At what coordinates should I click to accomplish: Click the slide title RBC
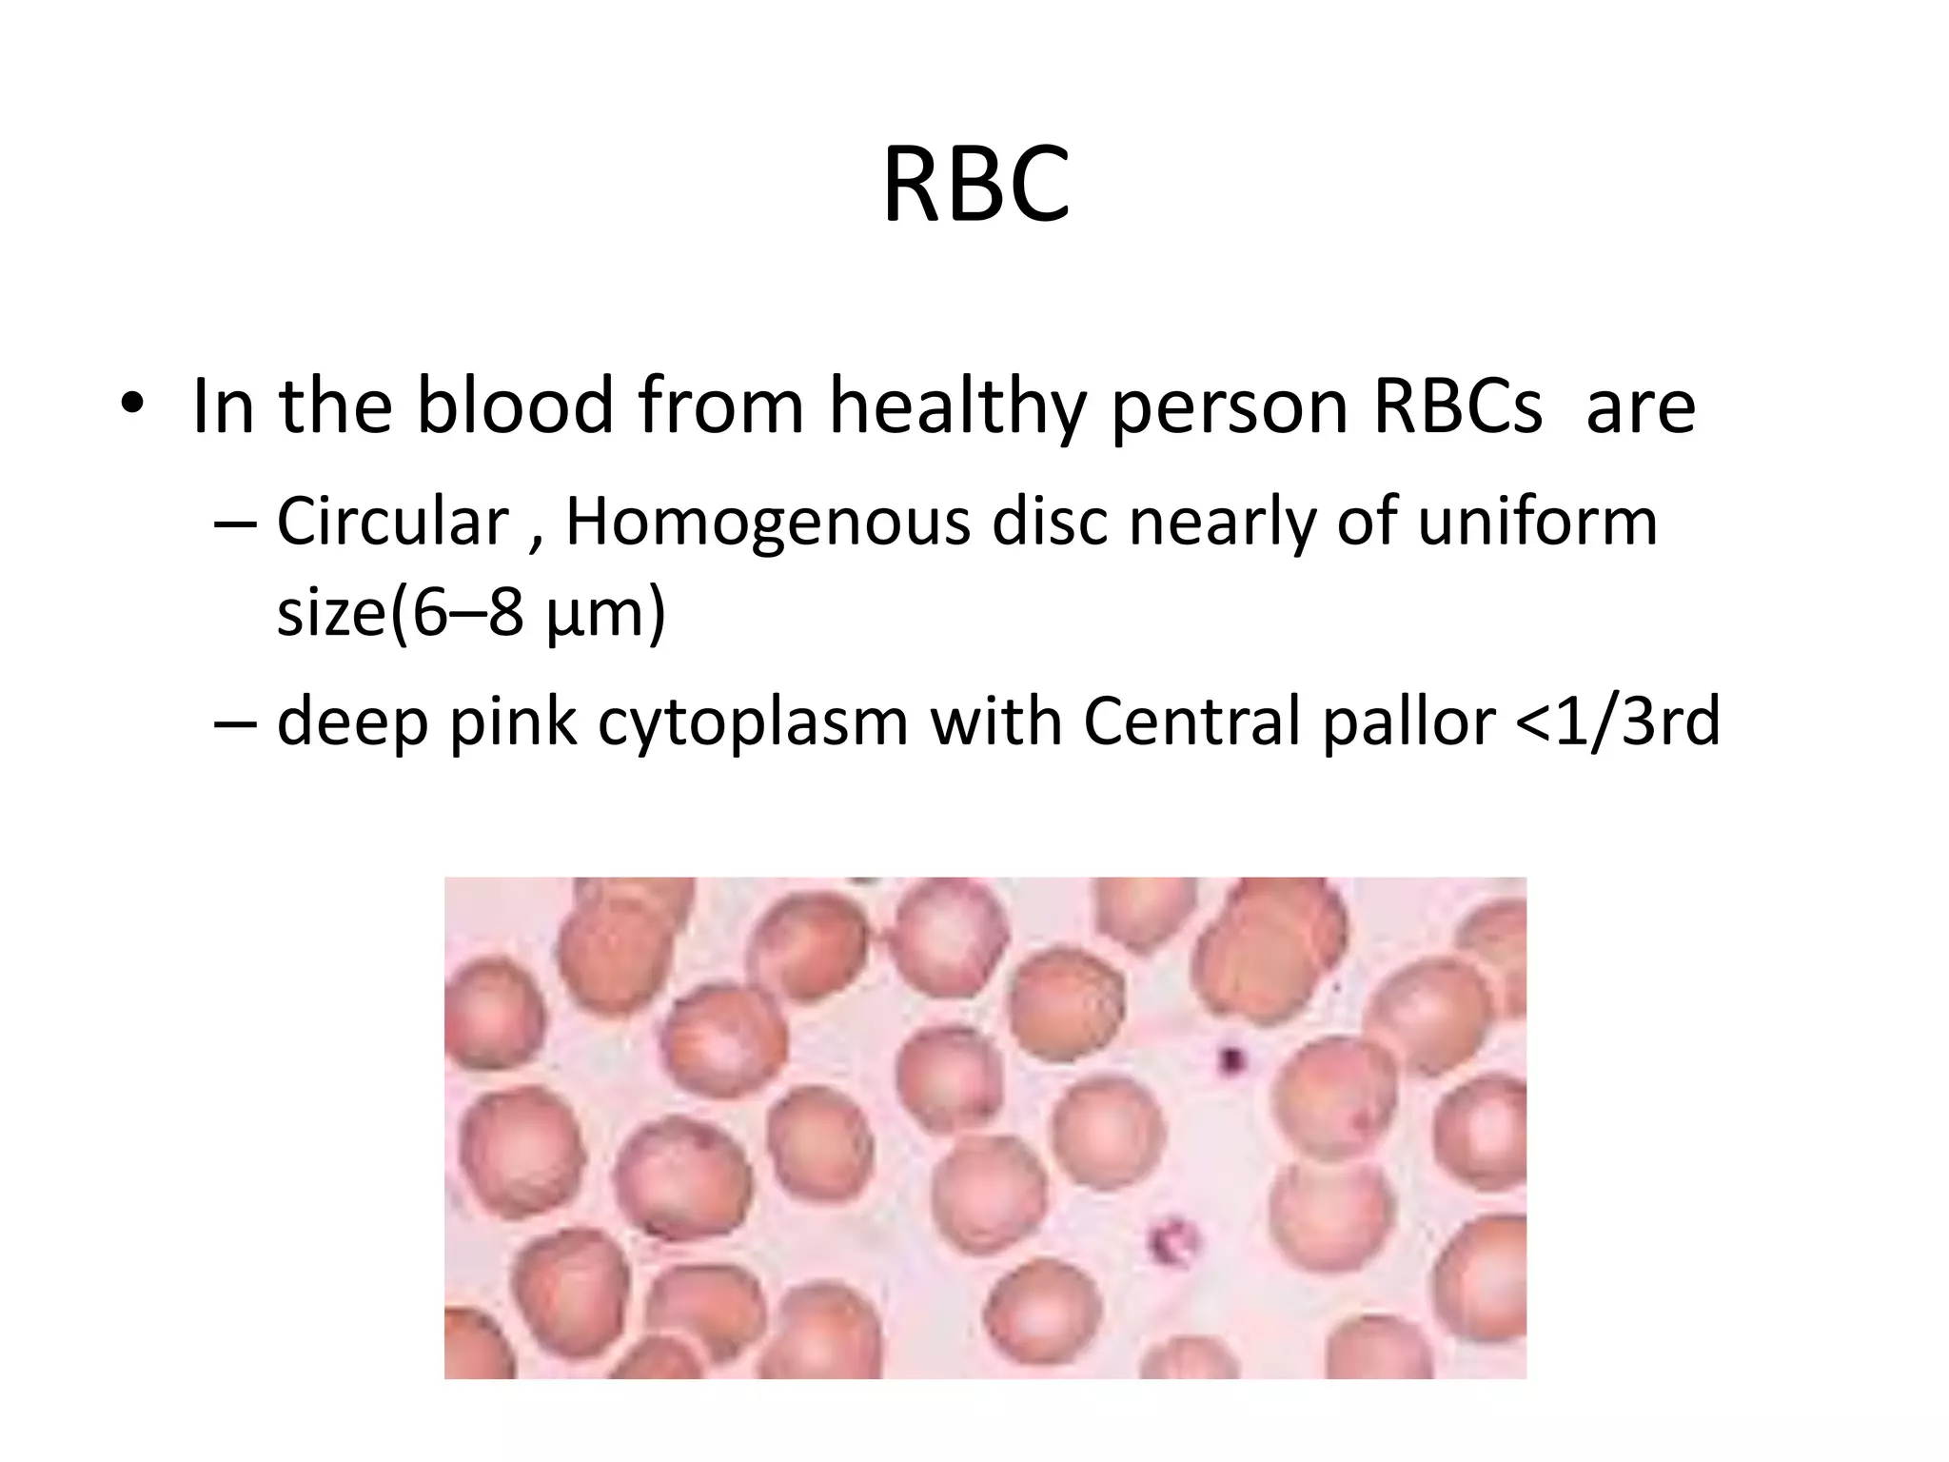click(976, 185)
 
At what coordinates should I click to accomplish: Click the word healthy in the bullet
click(956, 407)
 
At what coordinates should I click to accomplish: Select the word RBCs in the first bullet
click(1457, 406)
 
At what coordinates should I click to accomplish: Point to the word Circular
click(392, 522)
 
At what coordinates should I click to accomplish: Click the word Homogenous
click(767, 524)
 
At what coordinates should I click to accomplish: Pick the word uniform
click(1537, 522)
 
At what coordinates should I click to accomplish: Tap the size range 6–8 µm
click(526, 613)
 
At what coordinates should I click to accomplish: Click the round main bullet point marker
click(132, 406)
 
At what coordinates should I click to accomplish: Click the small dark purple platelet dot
click(1232, 1057)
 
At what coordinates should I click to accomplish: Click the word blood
click(514, 406)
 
